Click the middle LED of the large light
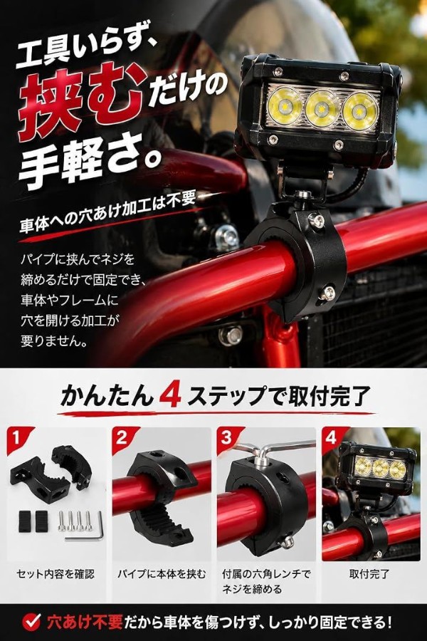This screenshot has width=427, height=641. [x=322, y=108]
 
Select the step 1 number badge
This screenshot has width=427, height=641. [x=17, y=439]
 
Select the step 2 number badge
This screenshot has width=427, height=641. [x=122, y=439]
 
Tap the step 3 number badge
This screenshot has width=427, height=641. [x=227, y=439]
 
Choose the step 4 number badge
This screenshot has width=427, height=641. [x=332, y=439]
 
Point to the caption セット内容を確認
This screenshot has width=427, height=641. [x=56, y=574]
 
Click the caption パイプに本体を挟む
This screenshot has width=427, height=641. [x=162, y=574]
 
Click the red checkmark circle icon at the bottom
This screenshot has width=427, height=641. [x=31, y=622]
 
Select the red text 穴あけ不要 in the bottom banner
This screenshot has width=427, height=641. [x=85, y=622]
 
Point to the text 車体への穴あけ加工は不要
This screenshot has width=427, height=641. [x=108, y=212]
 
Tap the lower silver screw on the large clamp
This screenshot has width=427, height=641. [x=327, y=293]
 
